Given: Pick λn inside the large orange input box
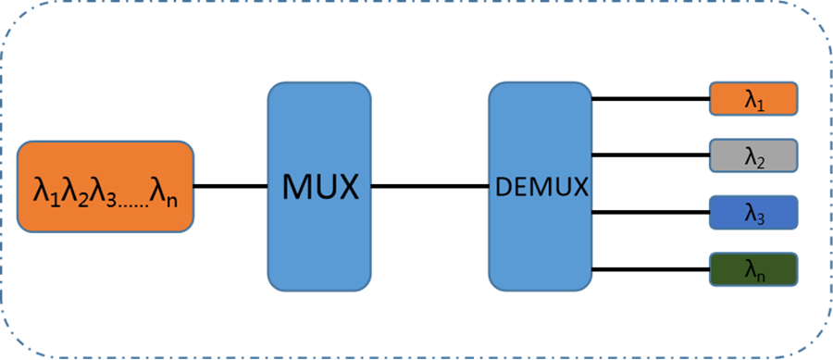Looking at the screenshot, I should click(x=169, y=192).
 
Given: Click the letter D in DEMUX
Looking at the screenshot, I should click(x=503, y=187).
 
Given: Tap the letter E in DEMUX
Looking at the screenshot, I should click(x=518, y=187).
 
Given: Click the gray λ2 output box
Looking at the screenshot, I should click(x=753, y=157).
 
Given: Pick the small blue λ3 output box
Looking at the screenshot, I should click(x=753, y=212).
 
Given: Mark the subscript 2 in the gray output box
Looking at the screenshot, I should click(x=762, y=163).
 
